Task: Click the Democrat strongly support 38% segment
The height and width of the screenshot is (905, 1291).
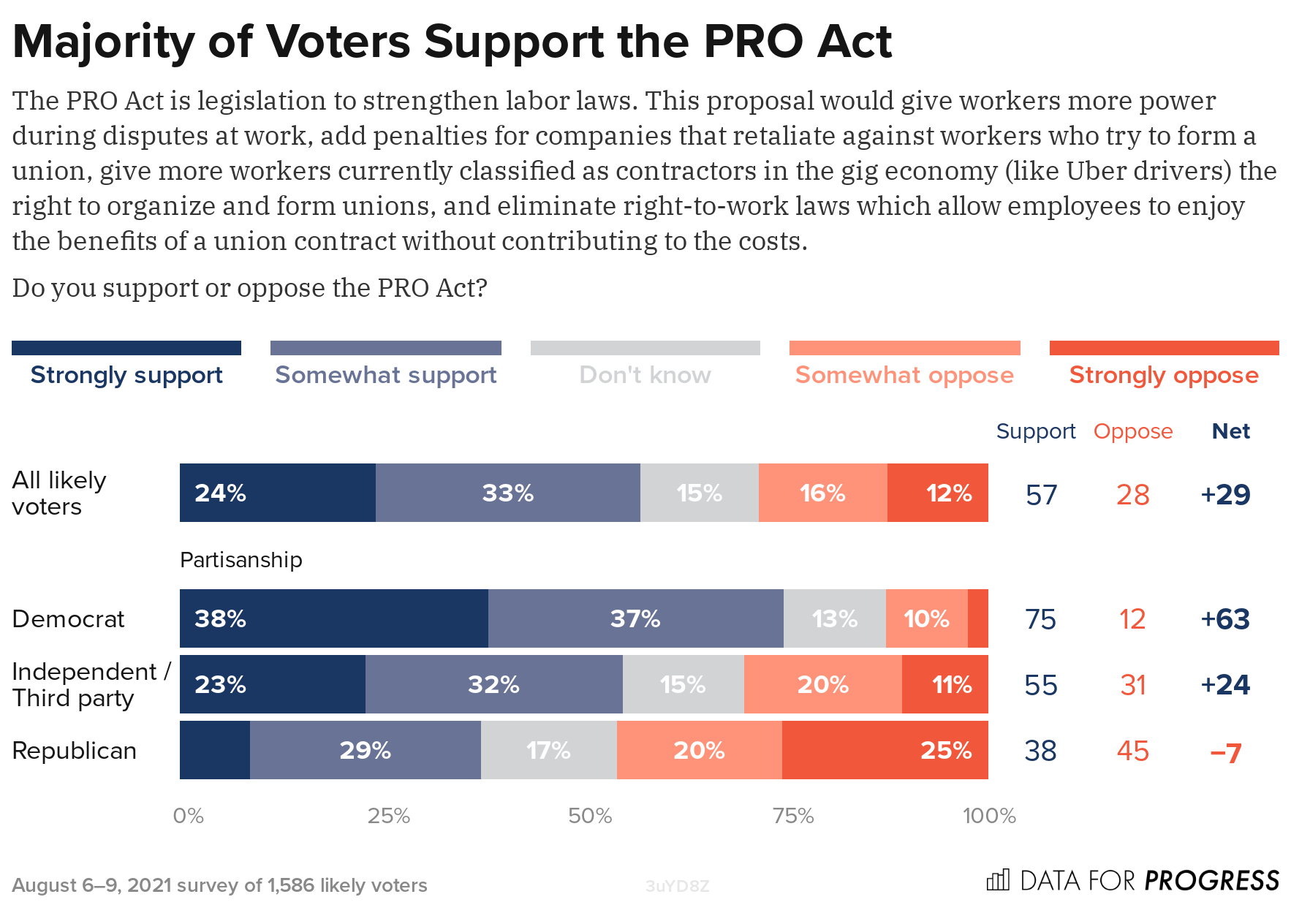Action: [333, 618]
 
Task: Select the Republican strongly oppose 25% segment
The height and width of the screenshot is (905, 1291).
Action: [885, 750]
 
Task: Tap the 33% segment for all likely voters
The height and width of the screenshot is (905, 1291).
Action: [507, 493]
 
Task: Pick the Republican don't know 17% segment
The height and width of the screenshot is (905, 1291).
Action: [548, 750]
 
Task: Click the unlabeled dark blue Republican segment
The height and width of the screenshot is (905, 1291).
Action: [214, 750]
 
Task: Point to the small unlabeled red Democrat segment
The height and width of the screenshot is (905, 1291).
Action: [977, 618]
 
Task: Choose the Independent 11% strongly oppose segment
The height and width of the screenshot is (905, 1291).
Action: [944, 684]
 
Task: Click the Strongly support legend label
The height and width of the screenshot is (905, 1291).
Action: [126, 375]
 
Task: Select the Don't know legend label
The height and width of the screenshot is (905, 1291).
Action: [645, 375]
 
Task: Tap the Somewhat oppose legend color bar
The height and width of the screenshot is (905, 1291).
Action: [904, 348]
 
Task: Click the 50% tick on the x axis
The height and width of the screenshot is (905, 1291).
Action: [590, 816]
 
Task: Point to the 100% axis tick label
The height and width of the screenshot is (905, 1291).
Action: [989, 816]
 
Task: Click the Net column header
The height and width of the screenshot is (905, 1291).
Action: [1230, 431]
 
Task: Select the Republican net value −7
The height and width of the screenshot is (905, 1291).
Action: [1226, 751]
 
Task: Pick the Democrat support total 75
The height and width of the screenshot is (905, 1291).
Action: [1040, 619]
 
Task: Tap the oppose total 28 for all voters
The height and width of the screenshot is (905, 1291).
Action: [1132, 495]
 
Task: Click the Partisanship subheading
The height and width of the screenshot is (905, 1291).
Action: [241, 560]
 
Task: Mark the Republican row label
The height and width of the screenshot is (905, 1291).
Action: [75, 751]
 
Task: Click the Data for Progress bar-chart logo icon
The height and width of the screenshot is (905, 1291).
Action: [998, 879]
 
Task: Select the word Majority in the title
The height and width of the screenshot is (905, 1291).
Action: [103, 42]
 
